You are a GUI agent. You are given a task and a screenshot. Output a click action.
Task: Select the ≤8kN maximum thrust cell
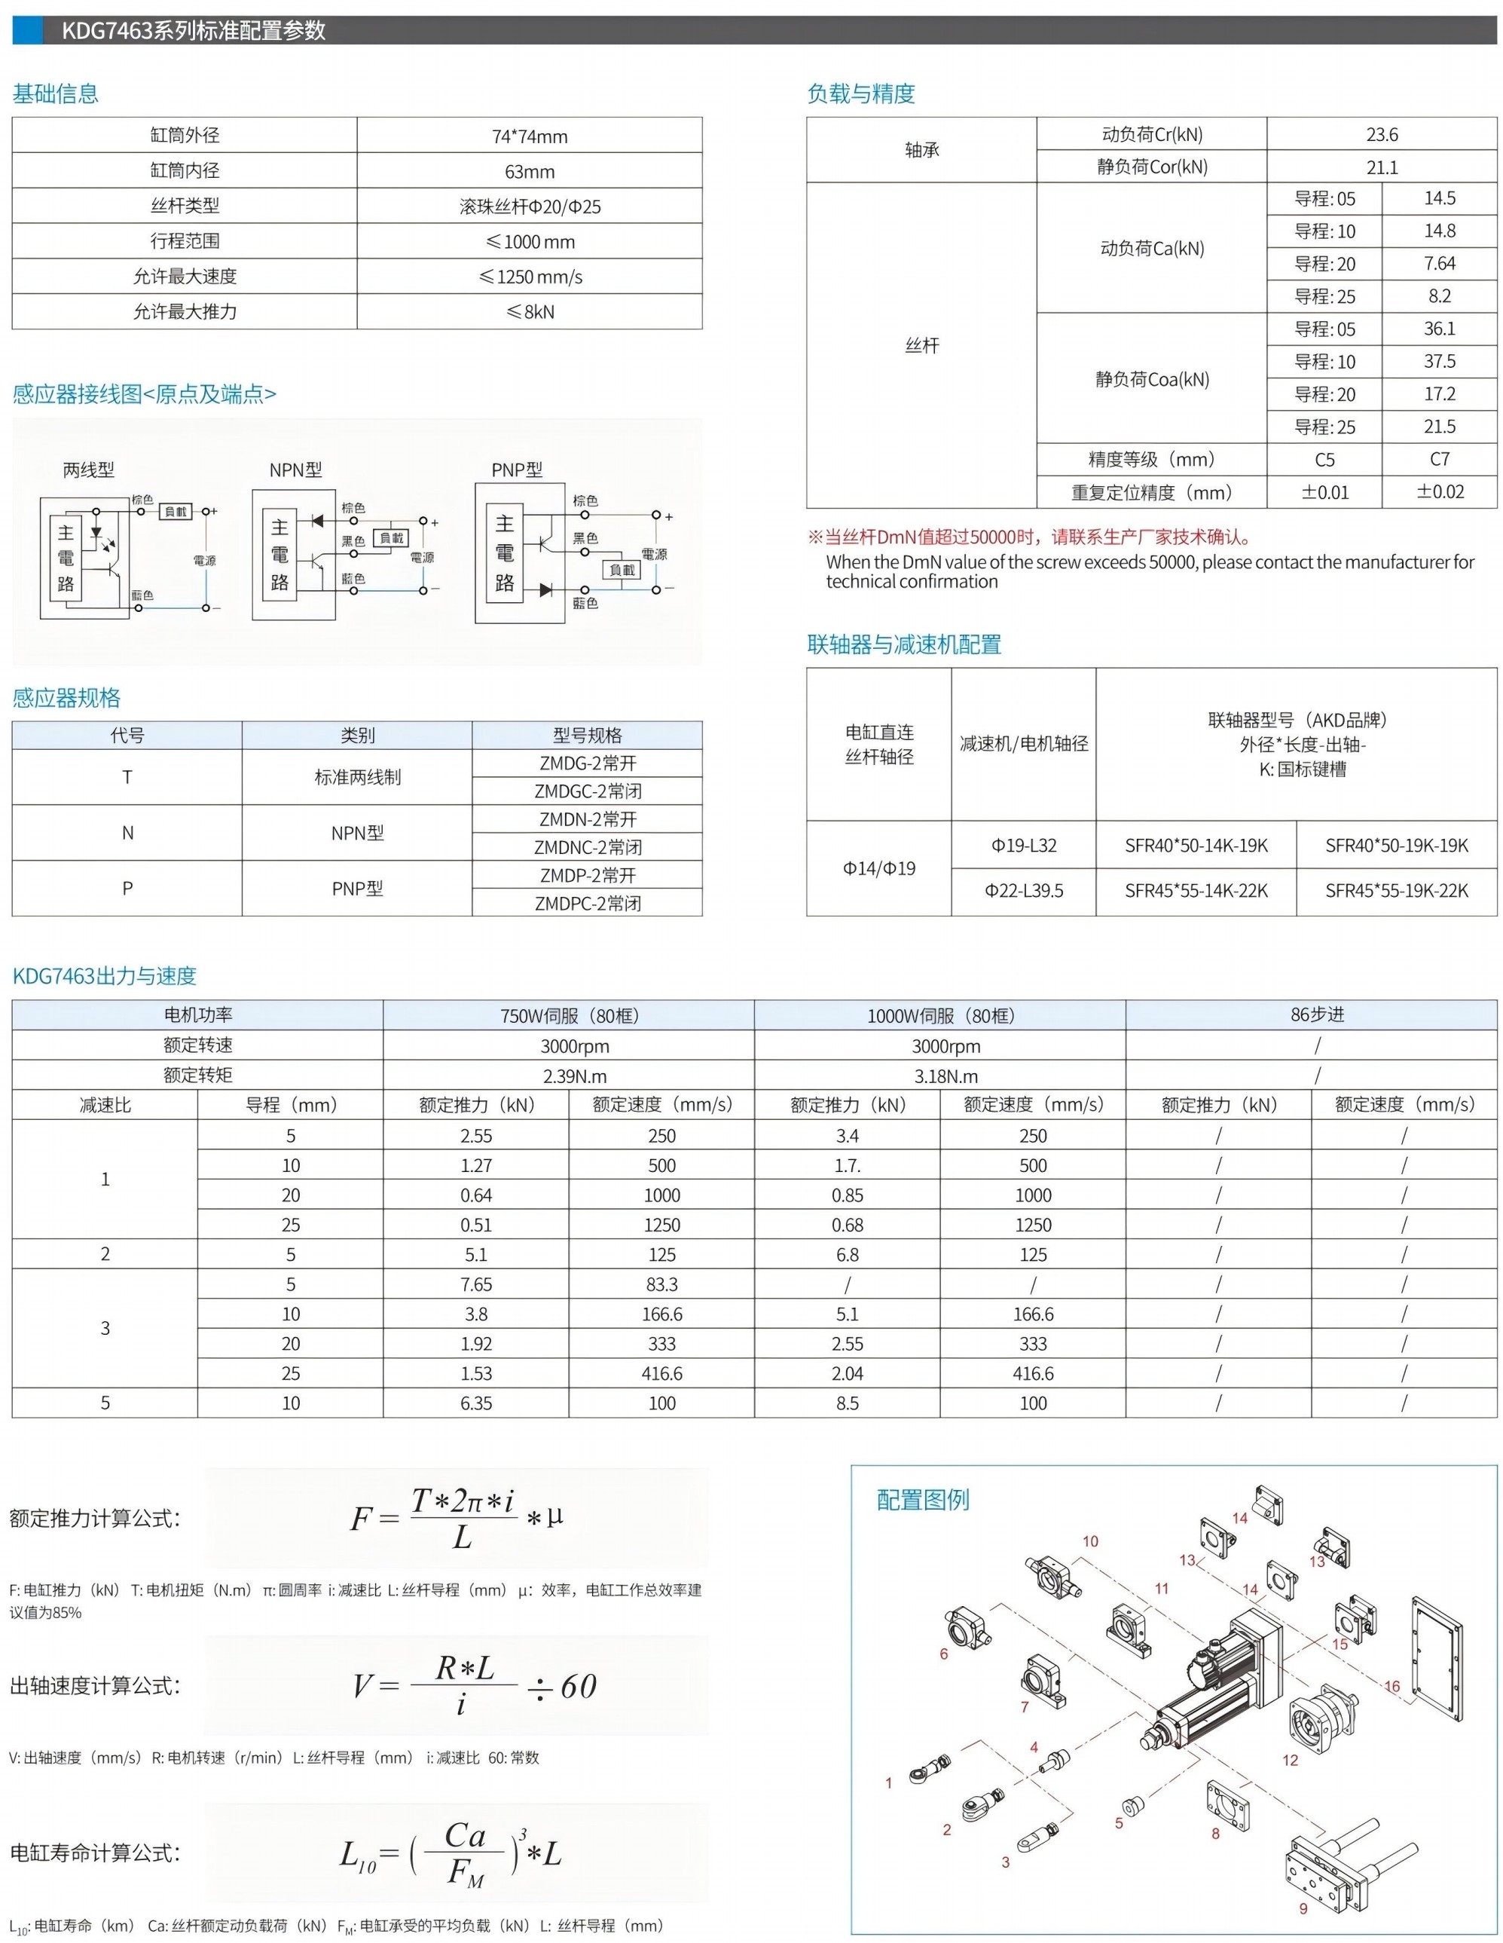point(530,312)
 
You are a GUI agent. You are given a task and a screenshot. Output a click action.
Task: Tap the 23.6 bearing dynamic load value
point(1381,134)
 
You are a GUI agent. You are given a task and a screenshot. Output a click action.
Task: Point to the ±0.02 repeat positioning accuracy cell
point(1439,492)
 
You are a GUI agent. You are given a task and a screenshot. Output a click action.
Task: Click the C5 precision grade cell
point(1324,460)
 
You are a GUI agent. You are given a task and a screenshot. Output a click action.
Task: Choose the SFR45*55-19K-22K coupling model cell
point(1396,891)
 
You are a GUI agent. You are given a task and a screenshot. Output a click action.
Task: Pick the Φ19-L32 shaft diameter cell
point(1024,845)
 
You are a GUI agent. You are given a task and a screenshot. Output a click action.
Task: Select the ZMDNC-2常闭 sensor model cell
point(588,847)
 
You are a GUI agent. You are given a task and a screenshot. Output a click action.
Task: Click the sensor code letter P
point(127,888)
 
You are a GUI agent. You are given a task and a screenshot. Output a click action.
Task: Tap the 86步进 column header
point(1317,1014)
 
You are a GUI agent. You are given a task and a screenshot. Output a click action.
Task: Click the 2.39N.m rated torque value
point(575,1076)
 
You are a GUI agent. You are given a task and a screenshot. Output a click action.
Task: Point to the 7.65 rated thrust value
point(476,1284)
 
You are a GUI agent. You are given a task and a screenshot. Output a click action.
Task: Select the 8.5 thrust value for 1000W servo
point(847,1403)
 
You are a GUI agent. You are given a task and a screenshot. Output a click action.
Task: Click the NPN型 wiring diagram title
point(295,470)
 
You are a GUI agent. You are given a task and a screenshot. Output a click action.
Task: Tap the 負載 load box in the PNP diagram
point(622,569)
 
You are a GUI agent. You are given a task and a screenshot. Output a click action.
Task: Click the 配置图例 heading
point(922,1500)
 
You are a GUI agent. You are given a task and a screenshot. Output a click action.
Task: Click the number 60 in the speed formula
point(578,1686)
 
